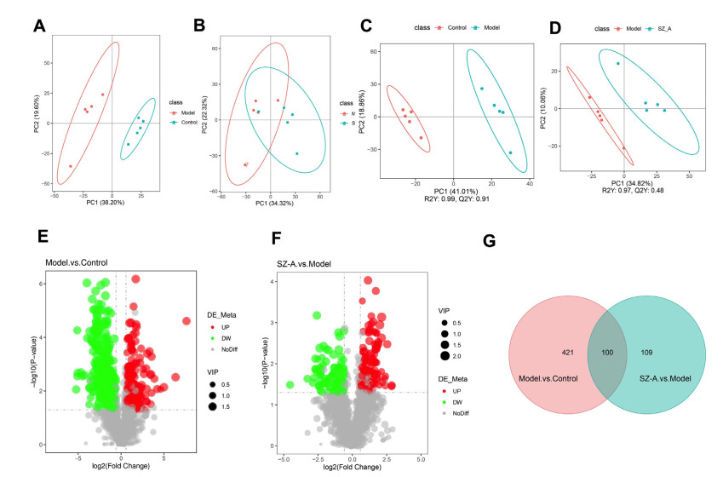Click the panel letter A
click(x=39, y=26)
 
